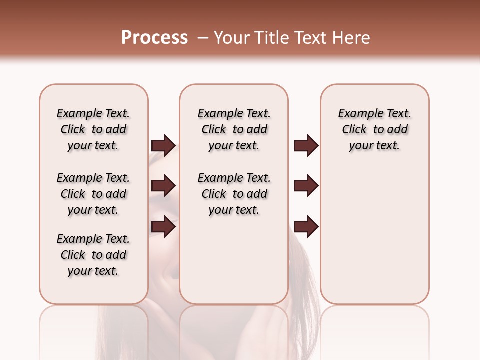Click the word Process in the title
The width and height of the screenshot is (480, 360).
click(154, 38)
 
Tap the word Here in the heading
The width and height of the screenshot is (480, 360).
click(352, 38)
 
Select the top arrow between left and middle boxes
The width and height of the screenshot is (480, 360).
click(163, 145)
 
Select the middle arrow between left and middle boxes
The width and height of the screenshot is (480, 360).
click(163, 186)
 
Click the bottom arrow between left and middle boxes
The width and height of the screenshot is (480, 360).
click(163, 226)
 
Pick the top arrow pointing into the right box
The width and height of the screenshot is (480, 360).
click(306, 145)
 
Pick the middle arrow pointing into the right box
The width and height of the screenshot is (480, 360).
click(306, 186)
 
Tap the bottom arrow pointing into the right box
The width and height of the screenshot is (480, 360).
click(306, 226)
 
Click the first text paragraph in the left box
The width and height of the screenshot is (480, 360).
click(93, 129)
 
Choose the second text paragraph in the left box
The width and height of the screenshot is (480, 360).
click(93, 194)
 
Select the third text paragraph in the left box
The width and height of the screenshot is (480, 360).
click(93, 255)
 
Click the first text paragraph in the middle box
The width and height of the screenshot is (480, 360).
click(234, 129)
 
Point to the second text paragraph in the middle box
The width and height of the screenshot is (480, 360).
click(234, 194)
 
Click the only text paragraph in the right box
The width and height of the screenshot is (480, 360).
click(374, 129)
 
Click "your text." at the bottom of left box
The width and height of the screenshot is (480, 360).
click(93, 271)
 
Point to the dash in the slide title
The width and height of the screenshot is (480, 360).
click(202, 38)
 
